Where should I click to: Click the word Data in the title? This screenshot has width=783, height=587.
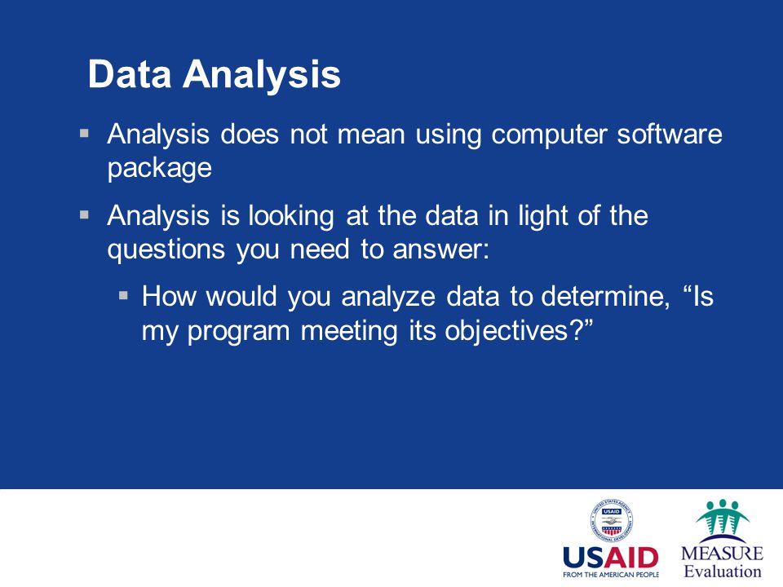pos(130,74)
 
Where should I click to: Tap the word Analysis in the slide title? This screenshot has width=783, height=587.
pos(262,75)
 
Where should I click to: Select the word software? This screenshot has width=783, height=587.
pos(670,134)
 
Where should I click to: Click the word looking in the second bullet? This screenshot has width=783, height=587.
pos(291,217)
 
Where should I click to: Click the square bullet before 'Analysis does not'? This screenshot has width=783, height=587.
pos(84,133)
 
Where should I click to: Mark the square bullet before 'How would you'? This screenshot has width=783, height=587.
pos(124,296)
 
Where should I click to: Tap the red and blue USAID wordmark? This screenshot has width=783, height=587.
pos(611,558)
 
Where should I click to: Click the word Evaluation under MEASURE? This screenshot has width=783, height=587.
pos(722,572)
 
